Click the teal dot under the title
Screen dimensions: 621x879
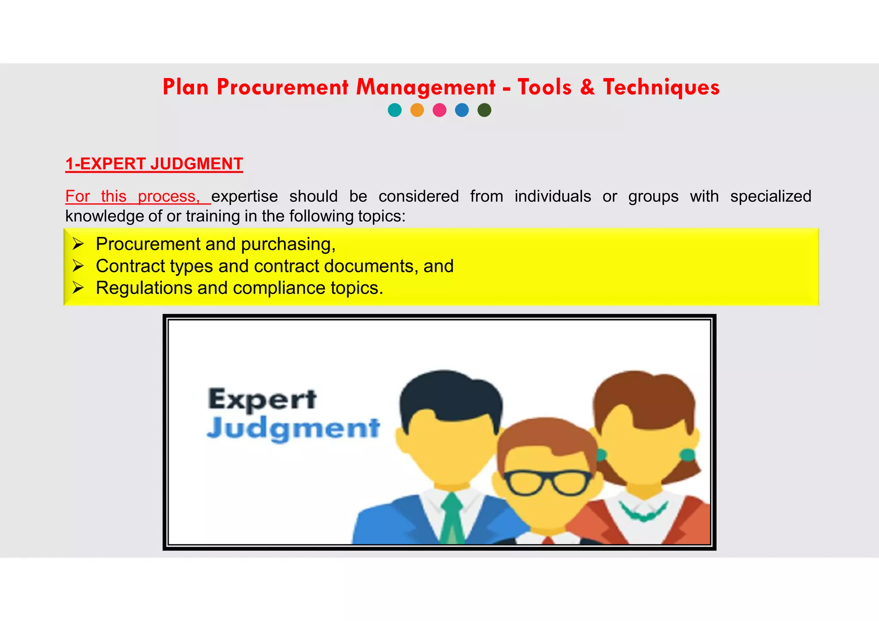click(x=394, y=110)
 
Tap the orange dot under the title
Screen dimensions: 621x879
click(x=417, y=110)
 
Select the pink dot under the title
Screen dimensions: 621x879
click(x=439, y=110)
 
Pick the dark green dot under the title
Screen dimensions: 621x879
click(x=484, y=110)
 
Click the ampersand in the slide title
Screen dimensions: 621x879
click(x=587, y=87)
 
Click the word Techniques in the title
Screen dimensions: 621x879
click(x=661, y=87)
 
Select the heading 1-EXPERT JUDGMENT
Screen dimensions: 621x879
click(x=154, y=164)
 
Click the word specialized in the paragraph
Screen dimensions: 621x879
click(x=770, y=196)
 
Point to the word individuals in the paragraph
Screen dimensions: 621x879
click(x=553, y=196)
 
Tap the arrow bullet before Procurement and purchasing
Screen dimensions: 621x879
click(x=78, y=244)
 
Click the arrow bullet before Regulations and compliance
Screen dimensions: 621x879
click(x=78, y=288)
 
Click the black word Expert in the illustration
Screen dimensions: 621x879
click(x=262, y=399)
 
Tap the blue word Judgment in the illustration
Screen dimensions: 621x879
click(x=294, y=428)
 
